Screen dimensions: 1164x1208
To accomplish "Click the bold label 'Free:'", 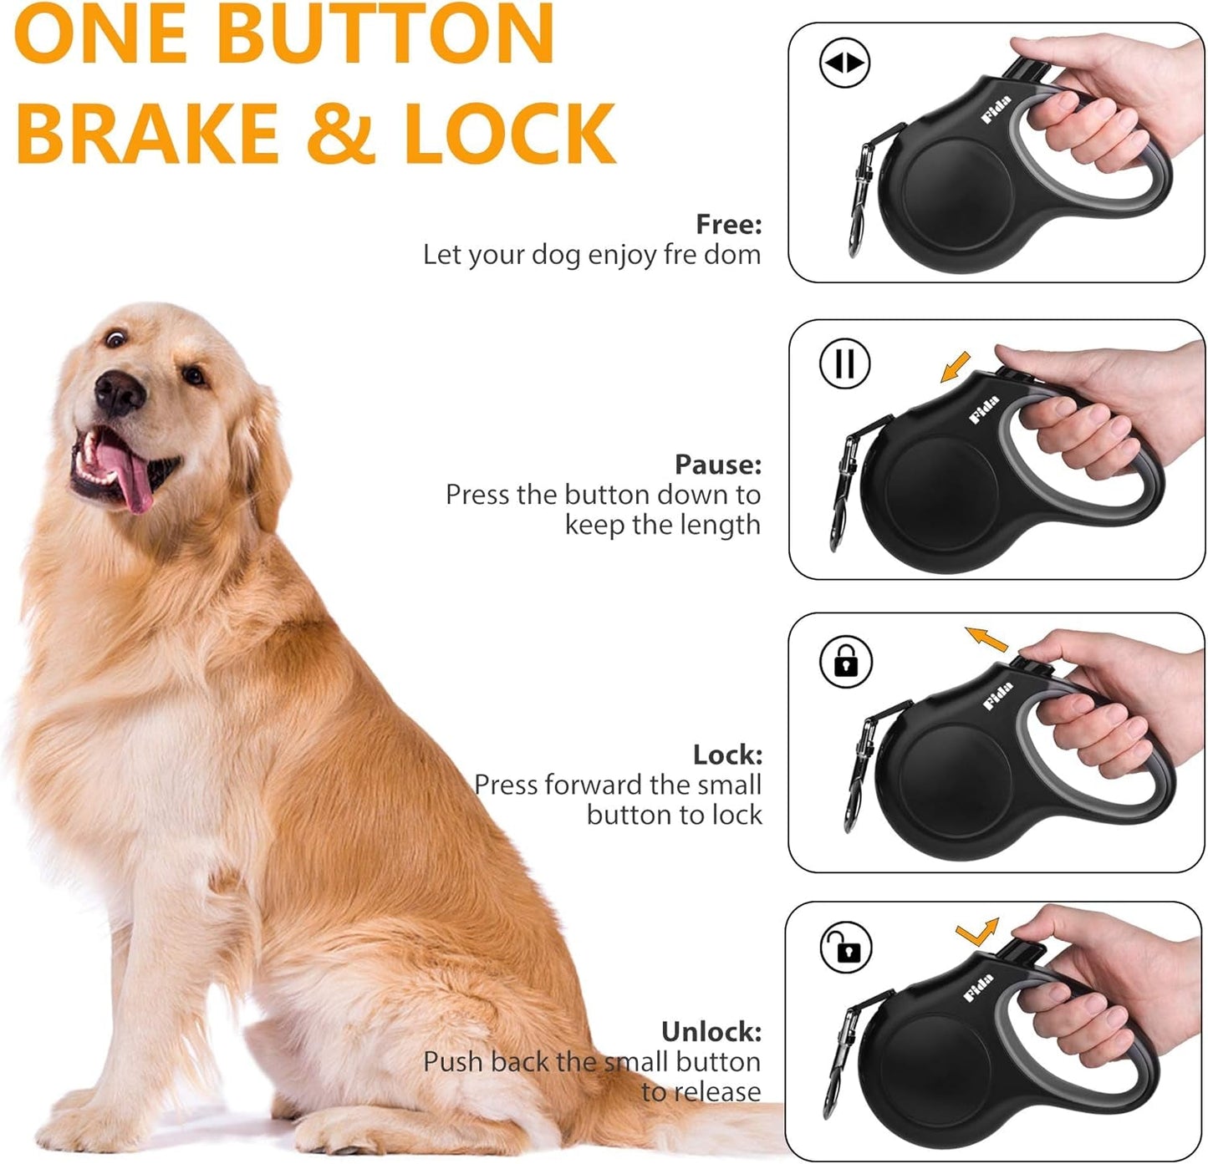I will coord(728,224).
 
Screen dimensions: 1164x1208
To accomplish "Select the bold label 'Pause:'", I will coord(718,464).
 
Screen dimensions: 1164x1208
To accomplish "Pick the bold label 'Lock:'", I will coord(727,755).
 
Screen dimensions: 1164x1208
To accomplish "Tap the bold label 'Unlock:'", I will coord(711,1031).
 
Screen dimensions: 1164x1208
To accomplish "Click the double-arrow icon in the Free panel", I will coord(844,63).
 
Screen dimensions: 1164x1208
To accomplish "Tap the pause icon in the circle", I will coord(844,364).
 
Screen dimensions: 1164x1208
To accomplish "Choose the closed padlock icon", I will coord(846,662).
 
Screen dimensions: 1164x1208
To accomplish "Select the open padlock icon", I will coord(846,948).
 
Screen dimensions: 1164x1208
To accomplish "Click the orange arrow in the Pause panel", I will coord(955,367).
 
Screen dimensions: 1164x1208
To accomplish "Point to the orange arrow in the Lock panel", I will coord(986,639).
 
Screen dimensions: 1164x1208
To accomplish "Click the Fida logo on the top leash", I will coord(996,109).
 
